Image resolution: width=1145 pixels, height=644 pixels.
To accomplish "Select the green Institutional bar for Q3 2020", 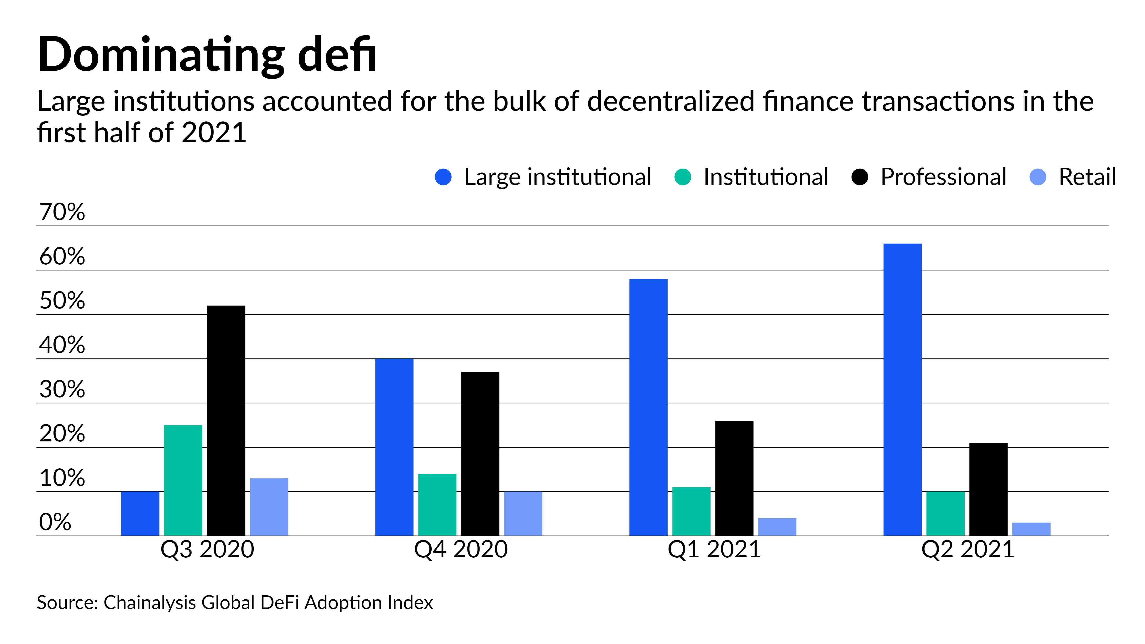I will [183, 480].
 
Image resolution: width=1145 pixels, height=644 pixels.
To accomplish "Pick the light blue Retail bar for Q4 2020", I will [523, 513].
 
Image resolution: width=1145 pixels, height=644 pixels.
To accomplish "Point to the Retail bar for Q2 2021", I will [1031, 529].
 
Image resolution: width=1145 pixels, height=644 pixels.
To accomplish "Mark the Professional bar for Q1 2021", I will [734, 478].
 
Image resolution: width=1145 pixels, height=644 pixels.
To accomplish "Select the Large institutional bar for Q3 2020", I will [140, 513].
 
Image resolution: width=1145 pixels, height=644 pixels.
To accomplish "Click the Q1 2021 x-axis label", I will [714, 549].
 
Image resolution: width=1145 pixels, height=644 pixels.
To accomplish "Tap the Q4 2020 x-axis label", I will [460, 549].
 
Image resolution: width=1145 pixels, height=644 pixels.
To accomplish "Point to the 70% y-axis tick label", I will [62, 212].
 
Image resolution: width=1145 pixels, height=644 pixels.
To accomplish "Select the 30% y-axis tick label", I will [62, 389].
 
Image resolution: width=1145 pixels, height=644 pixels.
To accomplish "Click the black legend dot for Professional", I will [860, 177].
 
